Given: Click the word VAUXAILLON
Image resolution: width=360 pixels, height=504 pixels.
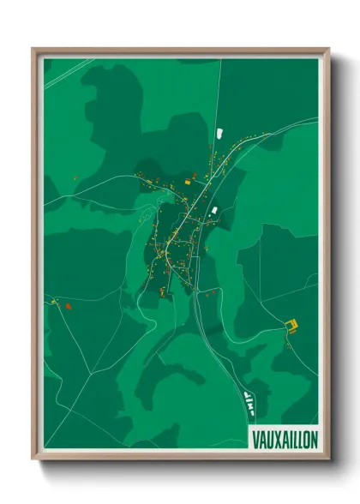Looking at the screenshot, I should click(x=284, y=438).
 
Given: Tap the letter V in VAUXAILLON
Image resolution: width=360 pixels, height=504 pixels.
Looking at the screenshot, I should click(x=255, y=438).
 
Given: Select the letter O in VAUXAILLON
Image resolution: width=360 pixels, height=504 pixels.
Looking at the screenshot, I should click(x=306, y=438).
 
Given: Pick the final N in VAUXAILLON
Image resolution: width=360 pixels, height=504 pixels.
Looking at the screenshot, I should click(x=314, y=438).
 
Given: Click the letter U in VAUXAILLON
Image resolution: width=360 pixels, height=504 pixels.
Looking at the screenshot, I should click(x=268, y=438).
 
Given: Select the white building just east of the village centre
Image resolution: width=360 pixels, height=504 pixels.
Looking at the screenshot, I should click(x=214, y=208).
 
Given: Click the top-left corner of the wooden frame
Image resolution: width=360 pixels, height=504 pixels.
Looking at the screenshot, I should click(x=33, y=49).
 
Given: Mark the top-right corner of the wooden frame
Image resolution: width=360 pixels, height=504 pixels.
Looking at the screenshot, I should click(x=328, y=49).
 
